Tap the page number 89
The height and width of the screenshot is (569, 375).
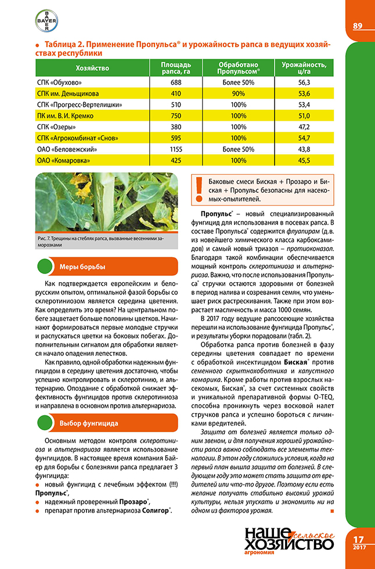point(358,26)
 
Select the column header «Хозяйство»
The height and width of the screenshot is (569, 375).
point(92,69)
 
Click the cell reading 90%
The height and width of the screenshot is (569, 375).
point(238,93)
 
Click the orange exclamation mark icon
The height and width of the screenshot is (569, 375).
point(199,185)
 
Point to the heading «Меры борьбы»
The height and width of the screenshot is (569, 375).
point(82,267)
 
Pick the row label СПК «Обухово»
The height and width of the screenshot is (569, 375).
point(60,83)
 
